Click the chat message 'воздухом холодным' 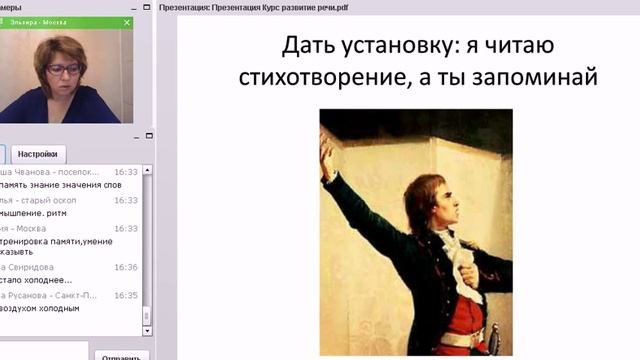click(40, 309)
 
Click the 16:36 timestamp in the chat click(126, 268)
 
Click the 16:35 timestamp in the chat click(126, 296)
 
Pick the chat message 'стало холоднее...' click(38, 281)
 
